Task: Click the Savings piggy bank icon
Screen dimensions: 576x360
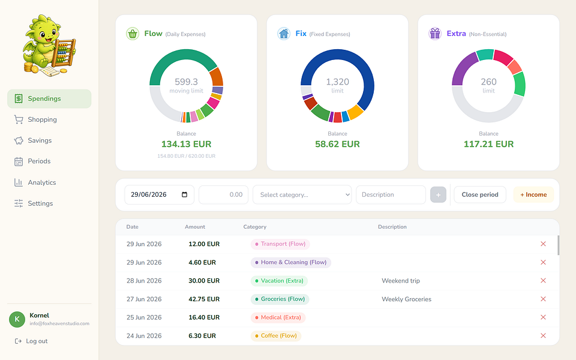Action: coord(19,140)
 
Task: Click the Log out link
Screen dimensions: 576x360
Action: coord(31,341)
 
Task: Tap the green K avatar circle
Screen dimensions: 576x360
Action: coord(17,319)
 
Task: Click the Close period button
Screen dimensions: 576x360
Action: coord(480,194)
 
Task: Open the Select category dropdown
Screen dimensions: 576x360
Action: coord(302,194)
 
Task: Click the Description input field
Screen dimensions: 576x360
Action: coord(391,194)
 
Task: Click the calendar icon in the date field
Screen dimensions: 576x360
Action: coord(184,194)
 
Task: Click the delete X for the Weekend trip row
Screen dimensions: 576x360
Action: coord(543,281)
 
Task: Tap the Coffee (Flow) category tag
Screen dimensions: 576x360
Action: coord(276,336)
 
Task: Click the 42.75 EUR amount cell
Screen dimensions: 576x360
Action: coord(204,299)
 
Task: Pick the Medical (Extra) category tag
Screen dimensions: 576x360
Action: coord(278,317)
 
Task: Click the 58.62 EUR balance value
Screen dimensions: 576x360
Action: coord(337,144)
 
